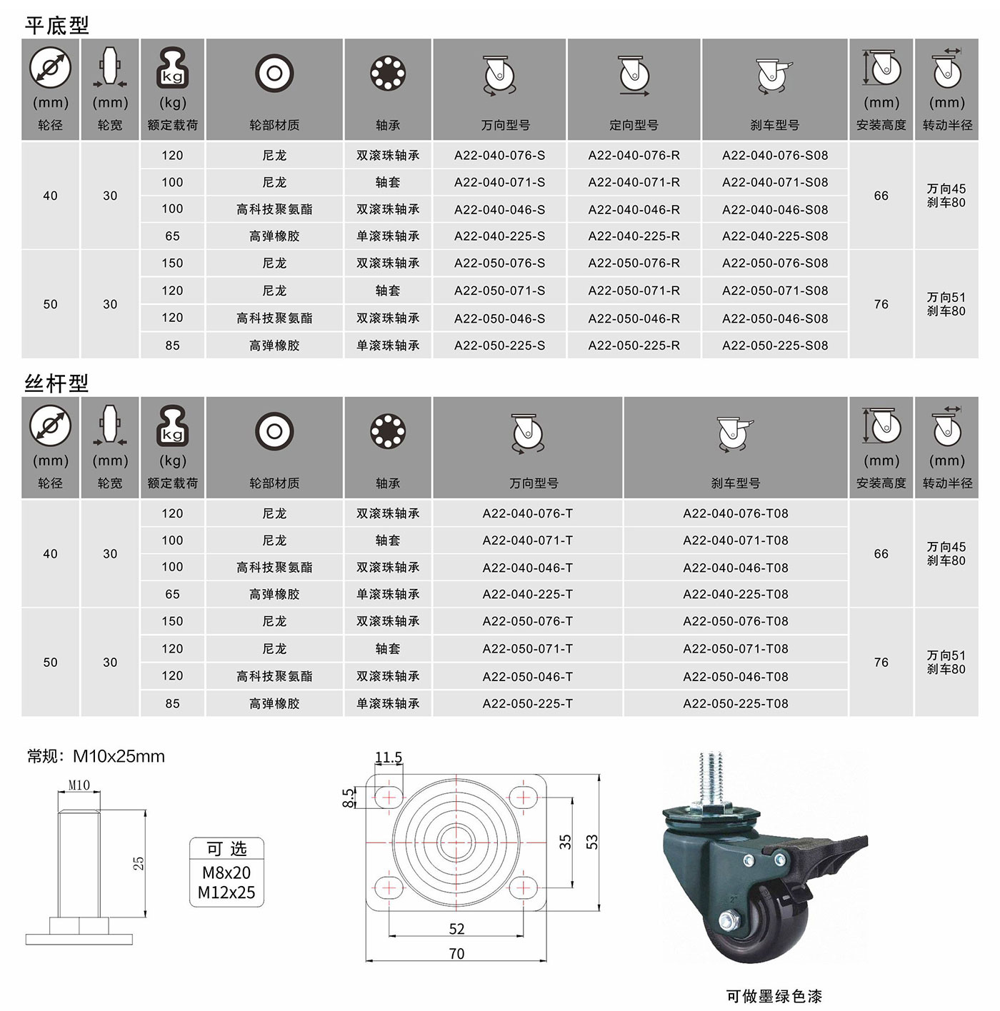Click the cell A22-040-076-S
pyautogui.click(x=499, y=156)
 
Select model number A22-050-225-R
pyautogui.click(x=634, y=346)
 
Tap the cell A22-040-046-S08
pyautogui.click(x=775, y=209)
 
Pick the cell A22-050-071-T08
pyautogui.click(x=736, y=648)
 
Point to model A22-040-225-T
pyautogui.click(x=528, y=594)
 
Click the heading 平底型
pyautogui.click(x=56, y=25)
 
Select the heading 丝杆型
pyautogui.click(x=56, y=383)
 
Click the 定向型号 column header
pyautogui.click(x=634, y=125)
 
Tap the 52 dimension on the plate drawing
pyautogui.click(x=456, y=929)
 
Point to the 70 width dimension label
pyautogui.click(x=456, y=953)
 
